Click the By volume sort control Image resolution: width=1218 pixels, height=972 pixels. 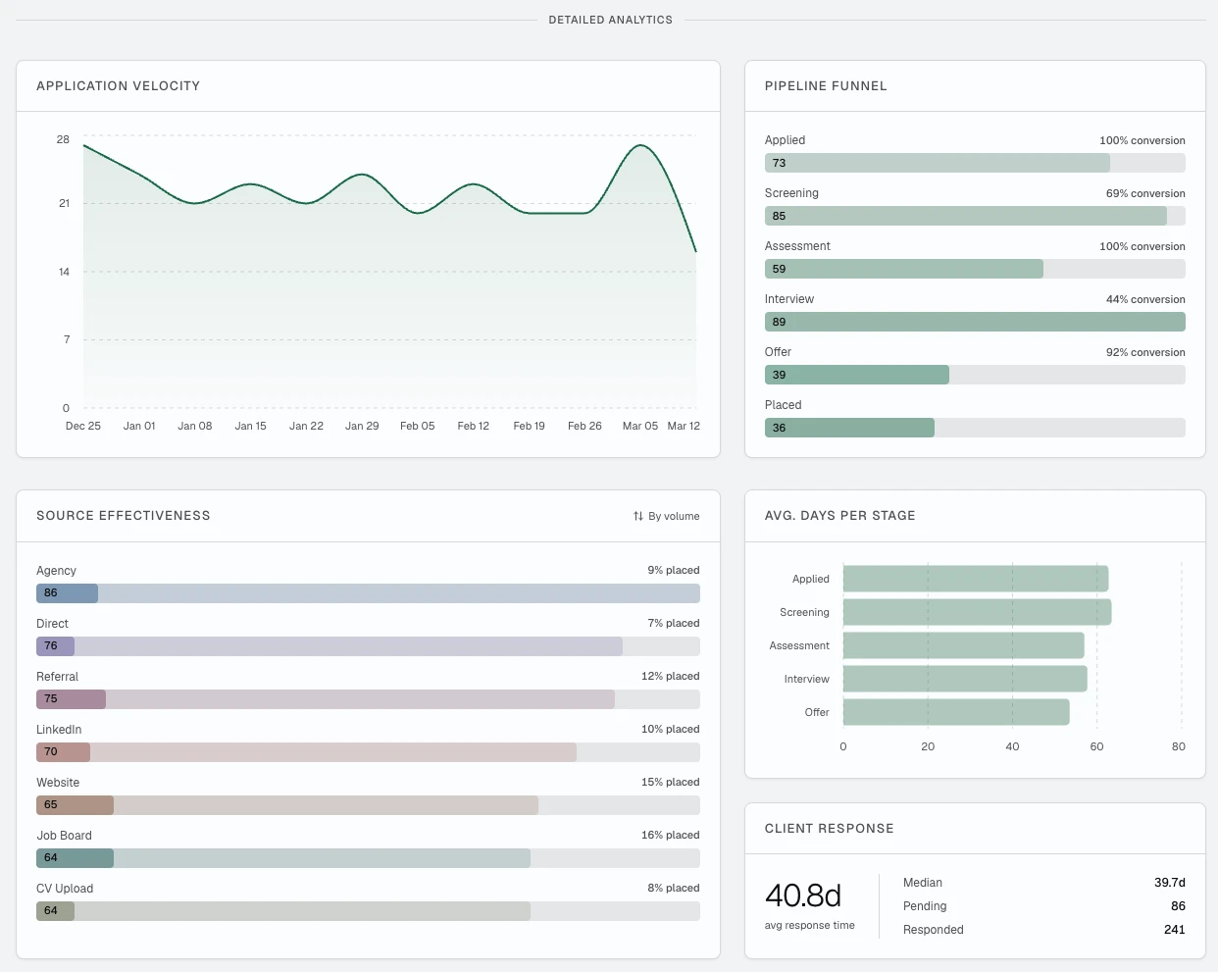coord(667,516)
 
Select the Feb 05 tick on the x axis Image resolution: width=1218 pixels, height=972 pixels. coord(417,426)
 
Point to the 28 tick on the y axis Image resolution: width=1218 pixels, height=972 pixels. coord(63,139)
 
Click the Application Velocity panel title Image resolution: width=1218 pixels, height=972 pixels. coord(118,86)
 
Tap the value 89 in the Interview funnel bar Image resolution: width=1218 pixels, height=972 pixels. coord(779,322)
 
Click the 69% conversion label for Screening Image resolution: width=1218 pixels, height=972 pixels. coord(1144,193)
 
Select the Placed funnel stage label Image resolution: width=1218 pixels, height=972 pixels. coord(783,405)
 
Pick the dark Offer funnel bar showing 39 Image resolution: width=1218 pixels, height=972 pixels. coord(856,375)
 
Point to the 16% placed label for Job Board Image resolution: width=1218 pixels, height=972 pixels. coord(670,835)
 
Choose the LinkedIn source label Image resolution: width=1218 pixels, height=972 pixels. coord(59,730)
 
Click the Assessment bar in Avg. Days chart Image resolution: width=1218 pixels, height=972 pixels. coord(963,645)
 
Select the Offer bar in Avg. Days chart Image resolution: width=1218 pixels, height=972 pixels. coord(955,712)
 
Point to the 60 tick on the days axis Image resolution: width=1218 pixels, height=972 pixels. coord(1096,746)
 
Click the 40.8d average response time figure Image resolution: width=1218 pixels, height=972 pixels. coord(803,895)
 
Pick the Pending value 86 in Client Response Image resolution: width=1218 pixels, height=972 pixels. coord(1178,906)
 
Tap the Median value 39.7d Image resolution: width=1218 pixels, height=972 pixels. coord(1169,883)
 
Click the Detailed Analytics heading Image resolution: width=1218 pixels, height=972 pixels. coord(610,20)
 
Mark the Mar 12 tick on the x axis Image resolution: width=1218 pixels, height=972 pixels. coord(684,426)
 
